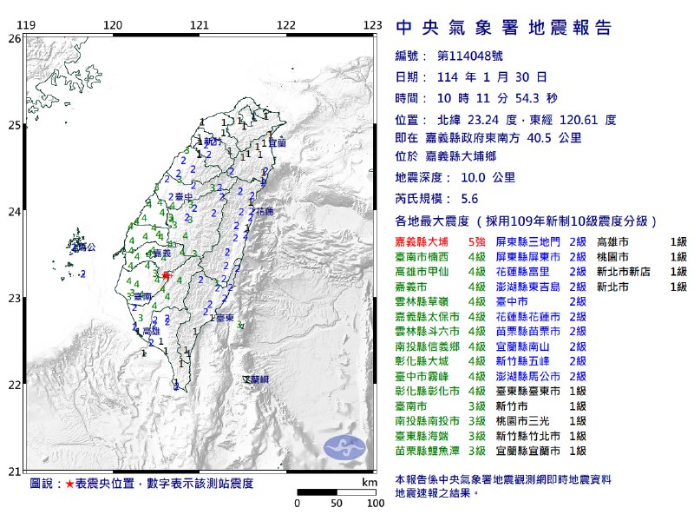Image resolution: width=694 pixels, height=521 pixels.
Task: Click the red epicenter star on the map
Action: click(x=166, y=275)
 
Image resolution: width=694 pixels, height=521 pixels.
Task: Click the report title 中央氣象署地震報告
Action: click(x=503, y=28)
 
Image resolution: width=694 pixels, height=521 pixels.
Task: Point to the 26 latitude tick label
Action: click(x=14, y=39)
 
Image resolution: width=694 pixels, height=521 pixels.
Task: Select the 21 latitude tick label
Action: click(x=14, y=472)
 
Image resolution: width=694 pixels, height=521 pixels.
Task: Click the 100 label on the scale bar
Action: click(x=376, y=503)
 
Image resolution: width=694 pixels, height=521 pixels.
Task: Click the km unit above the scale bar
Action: click(x=370, y=481)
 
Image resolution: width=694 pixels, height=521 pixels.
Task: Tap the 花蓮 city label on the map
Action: click(x=265, y=212)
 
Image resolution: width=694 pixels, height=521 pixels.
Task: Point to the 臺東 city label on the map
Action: click(x=225, y=319)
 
